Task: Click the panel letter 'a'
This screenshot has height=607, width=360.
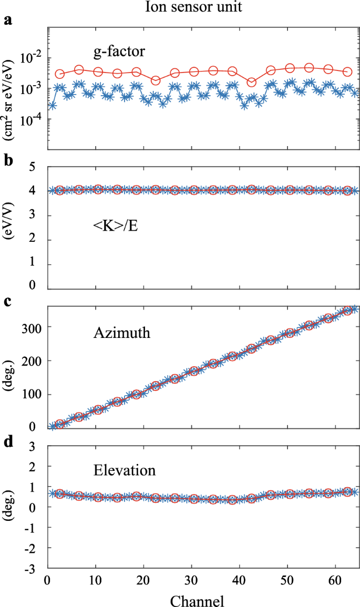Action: click(x=7, y=21)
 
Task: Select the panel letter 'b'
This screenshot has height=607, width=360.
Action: click(x=7, y=161)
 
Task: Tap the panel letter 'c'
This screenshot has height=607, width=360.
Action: click(x=7, y=302)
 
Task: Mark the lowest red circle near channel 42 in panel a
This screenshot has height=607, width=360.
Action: click(x=252, y=82)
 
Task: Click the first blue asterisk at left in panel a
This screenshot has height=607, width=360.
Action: click(x=52, y=106)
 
